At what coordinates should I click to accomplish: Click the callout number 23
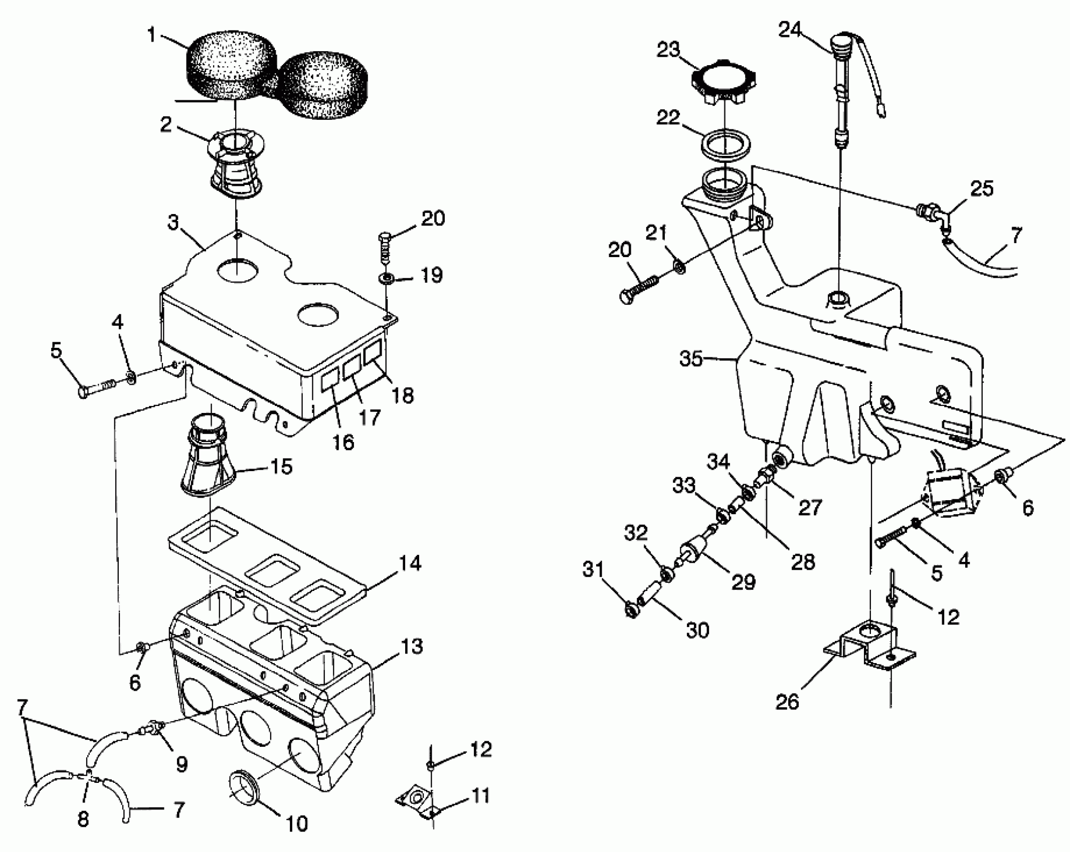(668, 50)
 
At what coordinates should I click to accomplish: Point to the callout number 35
(691, 359)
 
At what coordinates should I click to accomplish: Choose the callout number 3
(173, 222)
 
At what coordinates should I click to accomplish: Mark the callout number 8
(83, 819)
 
